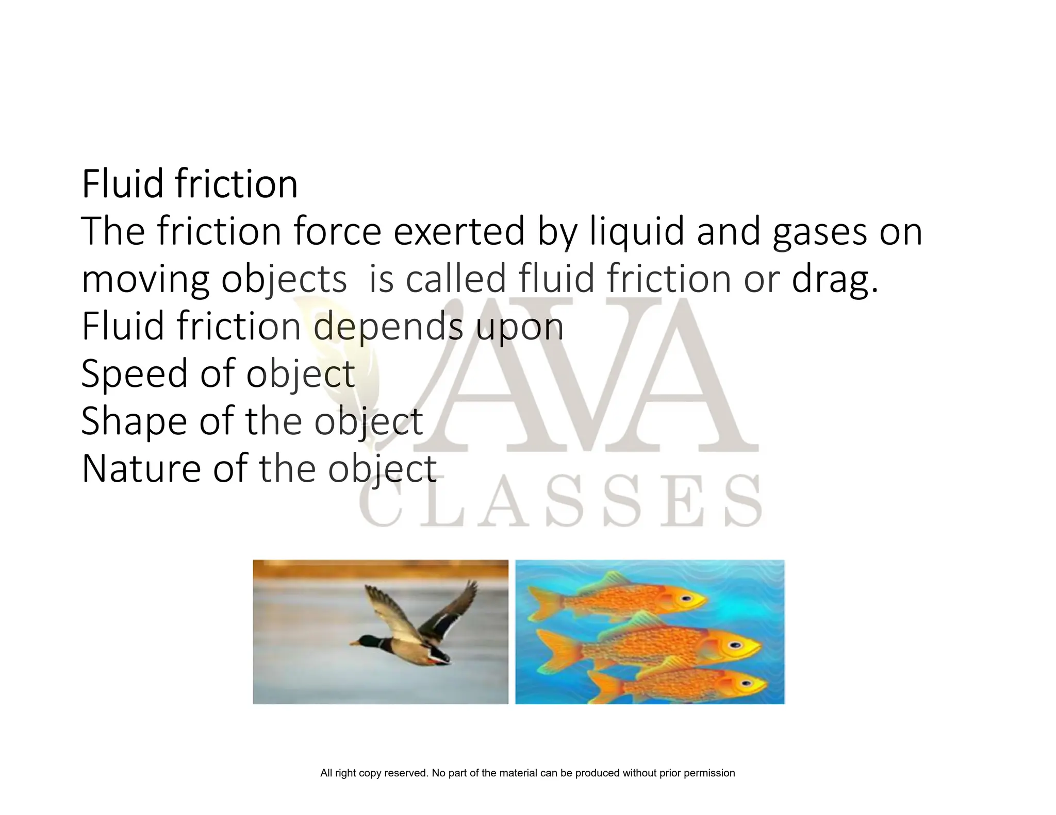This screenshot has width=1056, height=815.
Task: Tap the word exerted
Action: [459, 232]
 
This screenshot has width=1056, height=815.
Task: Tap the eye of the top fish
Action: [685, 599]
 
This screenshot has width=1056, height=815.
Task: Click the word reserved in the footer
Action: [406, 773]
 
